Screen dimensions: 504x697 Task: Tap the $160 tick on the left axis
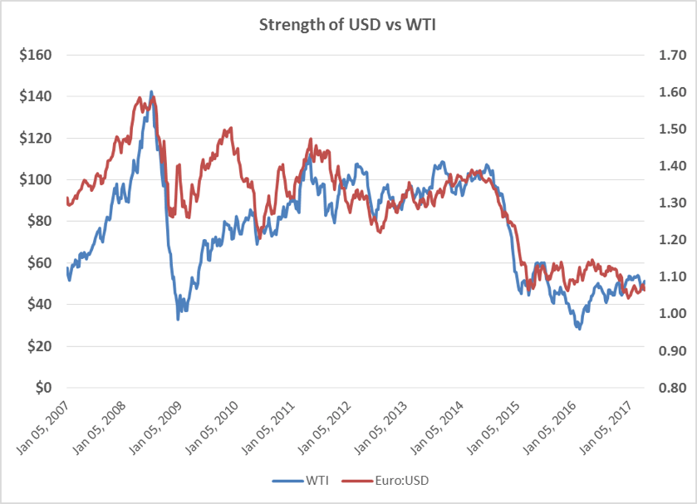pos(36,56)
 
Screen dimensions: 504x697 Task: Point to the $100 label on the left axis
pos(36,180)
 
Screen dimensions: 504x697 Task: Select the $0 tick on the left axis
pos(43,388)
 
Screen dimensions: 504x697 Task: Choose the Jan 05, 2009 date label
pos(160,423)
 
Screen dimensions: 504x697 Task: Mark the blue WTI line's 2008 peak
pos(150,92)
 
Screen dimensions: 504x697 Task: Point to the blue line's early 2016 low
pos(579,329)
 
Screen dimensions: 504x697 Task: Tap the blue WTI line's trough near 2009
pos(178,319)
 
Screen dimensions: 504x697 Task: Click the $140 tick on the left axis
pos(36,97)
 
